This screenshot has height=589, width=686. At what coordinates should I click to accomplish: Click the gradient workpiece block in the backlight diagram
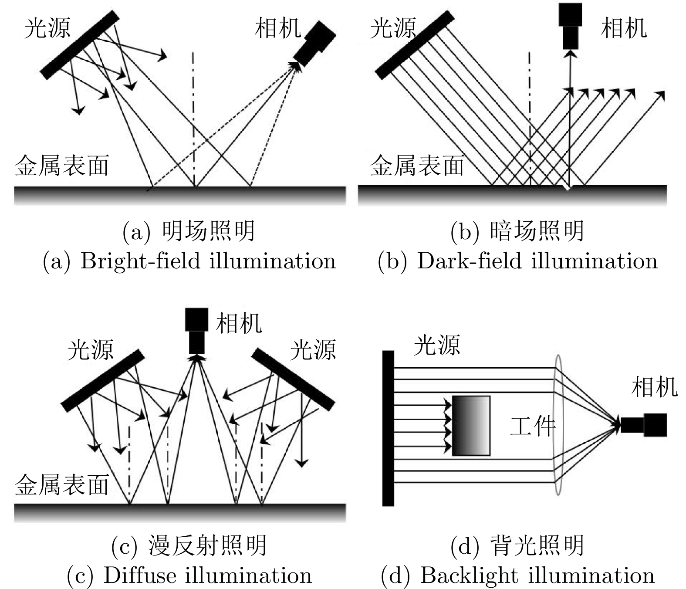pos(471,426)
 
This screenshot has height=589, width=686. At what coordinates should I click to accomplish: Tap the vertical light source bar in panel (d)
pos(388,428)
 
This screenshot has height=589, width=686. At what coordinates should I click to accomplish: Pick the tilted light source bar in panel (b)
pos(415,44)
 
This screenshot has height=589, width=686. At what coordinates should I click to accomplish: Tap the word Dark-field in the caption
pos(469,261)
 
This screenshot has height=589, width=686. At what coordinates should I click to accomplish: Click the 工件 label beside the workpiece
pos(532,426)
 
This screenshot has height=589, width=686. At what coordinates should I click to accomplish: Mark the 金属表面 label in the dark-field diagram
pos(417,166)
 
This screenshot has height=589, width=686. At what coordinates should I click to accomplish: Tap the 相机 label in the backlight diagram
pos(654,386)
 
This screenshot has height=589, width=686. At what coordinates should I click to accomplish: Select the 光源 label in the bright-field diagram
pos(47,28)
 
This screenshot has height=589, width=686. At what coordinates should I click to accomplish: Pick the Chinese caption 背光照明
pos(537,545)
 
